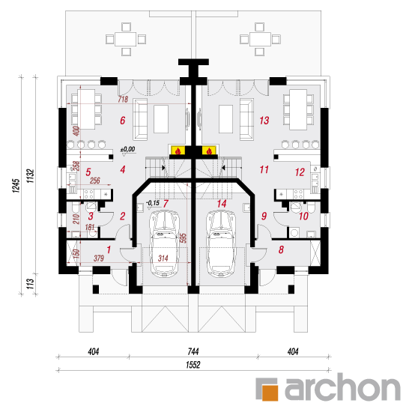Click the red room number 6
tap(123, 121)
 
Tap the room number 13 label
tap(264, 121)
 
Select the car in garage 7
tap(165, 244)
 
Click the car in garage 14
tap(222, 244)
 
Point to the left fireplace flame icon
tap(178, 151)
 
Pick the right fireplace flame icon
tap(209, 151)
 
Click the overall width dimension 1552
tap(193, 365)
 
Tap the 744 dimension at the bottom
tap(193, 351)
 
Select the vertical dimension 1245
tap(16, 186)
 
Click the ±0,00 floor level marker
tap(127, 149)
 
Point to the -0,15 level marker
tap(153, 203)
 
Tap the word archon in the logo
tap(342, 387)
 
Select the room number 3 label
tap(91, 216)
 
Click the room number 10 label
tap(303, 216)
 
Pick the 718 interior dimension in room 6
tap(123, 100)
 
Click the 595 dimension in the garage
tap(184, 238)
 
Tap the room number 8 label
tap(281, 249)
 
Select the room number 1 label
tap(109, 249)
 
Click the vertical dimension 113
tap(31, 284)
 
